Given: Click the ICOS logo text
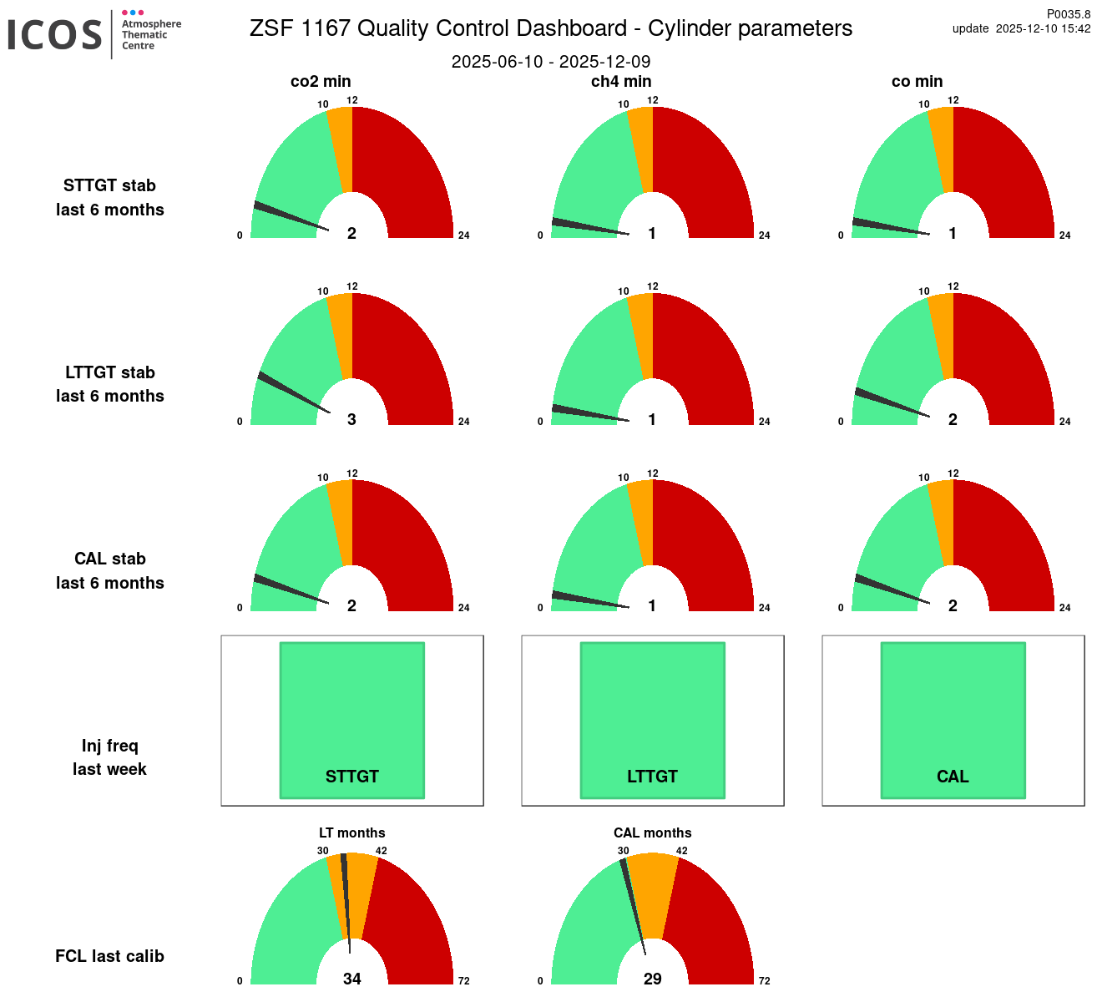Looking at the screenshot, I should (x=55, y=34).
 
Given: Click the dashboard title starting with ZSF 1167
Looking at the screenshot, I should (x=551, y=28).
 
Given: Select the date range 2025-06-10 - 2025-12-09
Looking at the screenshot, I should (x=551, y=62).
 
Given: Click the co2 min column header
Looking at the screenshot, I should (x=321, y=82).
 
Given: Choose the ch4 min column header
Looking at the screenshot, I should (x=621, y=82).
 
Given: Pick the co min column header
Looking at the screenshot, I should (x=917, y=82).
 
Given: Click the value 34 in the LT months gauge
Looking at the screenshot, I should (x=351, y=979).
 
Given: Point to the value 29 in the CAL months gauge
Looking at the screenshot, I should (x=652, y=979).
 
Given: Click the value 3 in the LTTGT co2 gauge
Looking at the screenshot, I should (x=351, y=419).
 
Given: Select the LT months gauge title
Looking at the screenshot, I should (x=351, y=833).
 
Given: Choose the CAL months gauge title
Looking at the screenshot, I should (x=652, y=833).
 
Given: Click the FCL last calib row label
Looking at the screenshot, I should (x=109, y=956).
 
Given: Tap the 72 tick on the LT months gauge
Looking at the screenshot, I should (x=463, y=981).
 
